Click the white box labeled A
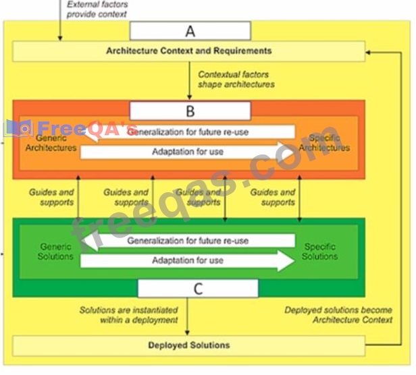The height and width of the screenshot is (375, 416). [190, 30]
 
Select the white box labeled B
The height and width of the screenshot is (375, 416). [190, 111]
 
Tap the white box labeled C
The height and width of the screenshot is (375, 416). [198, 289]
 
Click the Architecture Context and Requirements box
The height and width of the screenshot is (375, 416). [188, 51]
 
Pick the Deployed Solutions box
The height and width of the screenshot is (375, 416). [188, 345]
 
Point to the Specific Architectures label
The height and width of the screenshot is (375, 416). [324, 143]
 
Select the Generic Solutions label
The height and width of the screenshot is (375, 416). [56, 252]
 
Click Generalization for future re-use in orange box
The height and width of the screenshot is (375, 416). [188, 132]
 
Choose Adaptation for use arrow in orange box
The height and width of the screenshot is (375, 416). [188, 152]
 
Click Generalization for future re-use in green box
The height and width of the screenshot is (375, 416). [188, 241]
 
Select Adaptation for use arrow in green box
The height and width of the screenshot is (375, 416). [188, 261]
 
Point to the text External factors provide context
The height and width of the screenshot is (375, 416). [97, 9]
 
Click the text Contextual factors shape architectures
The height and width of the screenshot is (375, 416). [236, 80]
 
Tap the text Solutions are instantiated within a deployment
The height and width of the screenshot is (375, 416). [128, 315]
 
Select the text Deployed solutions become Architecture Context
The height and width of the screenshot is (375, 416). [338, 315]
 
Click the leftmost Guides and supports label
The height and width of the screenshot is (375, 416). [51, 197]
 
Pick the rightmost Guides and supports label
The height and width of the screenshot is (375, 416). [273, 197]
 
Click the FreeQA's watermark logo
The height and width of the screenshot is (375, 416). [71, 127]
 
